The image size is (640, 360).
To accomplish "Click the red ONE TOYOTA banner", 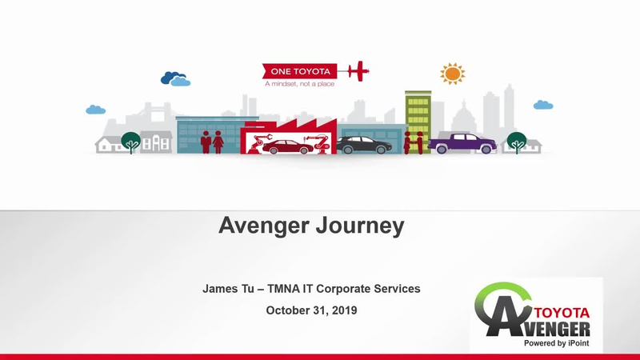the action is coord(300,71).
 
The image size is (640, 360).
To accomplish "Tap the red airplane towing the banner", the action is coord(358,71).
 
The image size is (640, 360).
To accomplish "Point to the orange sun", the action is coord(452,74).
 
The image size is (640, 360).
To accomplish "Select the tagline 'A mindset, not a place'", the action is coord(299,84).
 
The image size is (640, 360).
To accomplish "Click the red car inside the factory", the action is coord(287,146).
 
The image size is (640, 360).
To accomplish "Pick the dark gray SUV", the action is coord(364,145).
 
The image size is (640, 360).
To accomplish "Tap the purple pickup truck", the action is coord(462,143).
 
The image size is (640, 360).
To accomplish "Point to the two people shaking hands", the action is coord(413,142).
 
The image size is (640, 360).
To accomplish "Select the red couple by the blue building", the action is coord(212,142).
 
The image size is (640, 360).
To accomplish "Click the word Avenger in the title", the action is coord(264,226).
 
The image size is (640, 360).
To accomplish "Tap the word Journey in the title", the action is coord(360,226).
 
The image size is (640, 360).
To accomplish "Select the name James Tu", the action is coord(228,289).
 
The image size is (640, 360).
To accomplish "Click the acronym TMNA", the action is coord(283,289).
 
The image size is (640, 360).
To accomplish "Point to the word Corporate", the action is coord(343,289).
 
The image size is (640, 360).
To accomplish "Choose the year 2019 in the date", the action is coord(345,310).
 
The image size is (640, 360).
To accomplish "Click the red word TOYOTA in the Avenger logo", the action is coord(562,313).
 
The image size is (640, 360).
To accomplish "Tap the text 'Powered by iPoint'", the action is coord(556,343).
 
